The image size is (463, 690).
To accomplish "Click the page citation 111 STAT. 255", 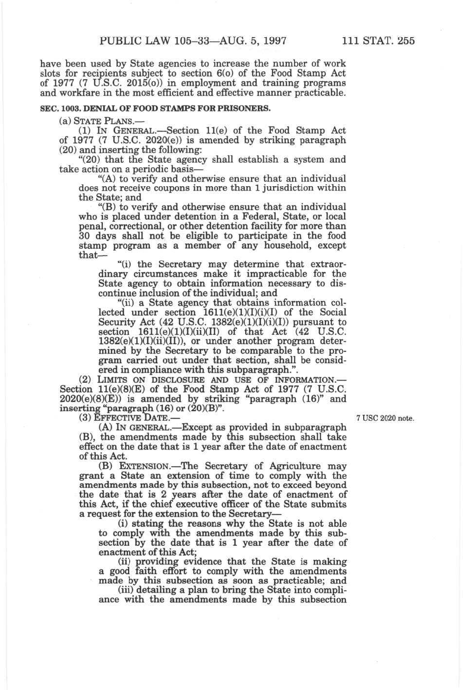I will [x=378, y=41].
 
